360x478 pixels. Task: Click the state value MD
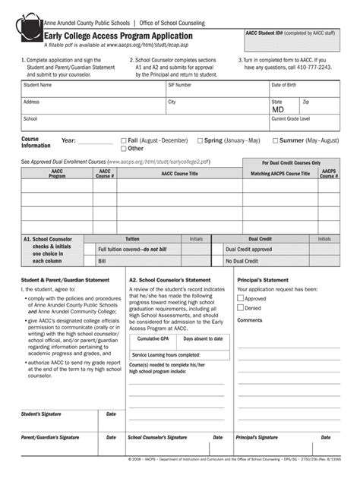click(x=279, y=108)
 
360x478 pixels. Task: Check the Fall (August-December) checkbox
click(x=124, y=140)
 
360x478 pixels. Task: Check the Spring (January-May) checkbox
click(x=200, y=140)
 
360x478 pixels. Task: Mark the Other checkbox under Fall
click(x=124, y=149)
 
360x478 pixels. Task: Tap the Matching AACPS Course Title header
click(x=280, y=174)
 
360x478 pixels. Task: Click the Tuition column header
click(x=132, y=238)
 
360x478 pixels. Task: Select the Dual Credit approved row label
click(x=248, y=249)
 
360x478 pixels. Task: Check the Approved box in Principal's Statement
click(x=241, y=298)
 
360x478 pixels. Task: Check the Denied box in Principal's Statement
click(x=241, y=308)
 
